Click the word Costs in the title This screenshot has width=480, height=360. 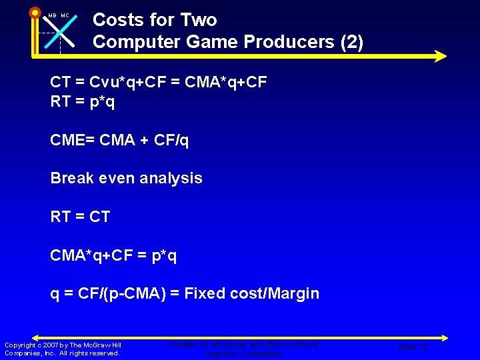click(117, 20)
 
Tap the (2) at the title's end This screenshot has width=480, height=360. click(351, 42)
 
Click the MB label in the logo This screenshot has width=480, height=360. click(53, 15)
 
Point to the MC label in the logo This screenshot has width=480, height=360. click(65, 15)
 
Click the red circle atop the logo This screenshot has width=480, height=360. click(35, 12)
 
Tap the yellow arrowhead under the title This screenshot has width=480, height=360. click(440, 57)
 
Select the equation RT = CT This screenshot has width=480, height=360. click(80, 217)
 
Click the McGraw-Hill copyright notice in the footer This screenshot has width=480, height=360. click(63, 349)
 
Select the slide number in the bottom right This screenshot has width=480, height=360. click(413, 347)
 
